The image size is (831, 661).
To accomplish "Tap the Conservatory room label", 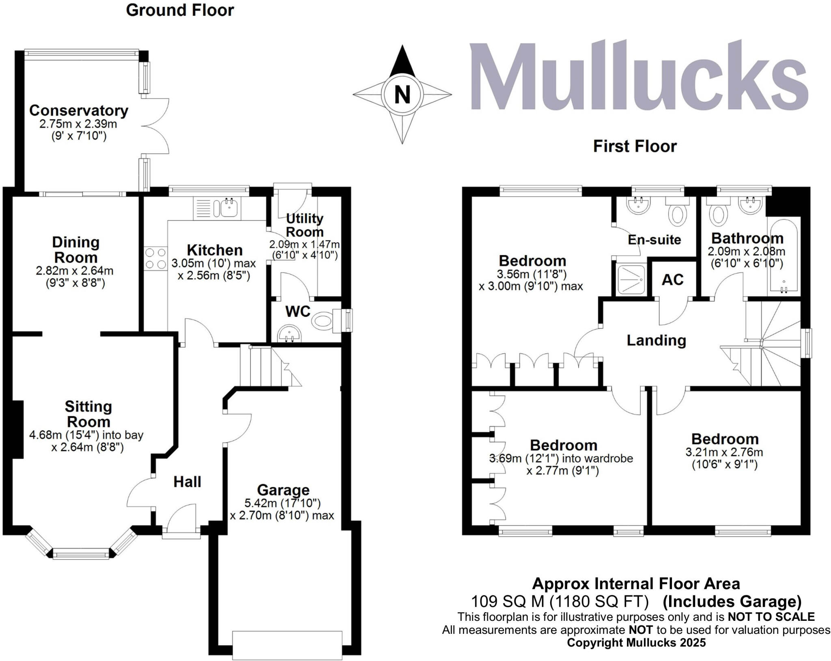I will pyautogui.click(x=79, y=110).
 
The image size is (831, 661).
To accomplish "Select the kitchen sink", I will pyautogui.click(x=230, y=208).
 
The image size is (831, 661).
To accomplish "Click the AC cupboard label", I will pyautogui.click(x=673, y=280).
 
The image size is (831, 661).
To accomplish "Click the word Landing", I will pyautogui.click(x=656, y=340).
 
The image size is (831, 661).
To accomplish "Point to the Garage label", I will pyautogui.click(x=283, y=490).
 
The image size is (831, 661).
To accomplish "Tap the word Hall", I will pyautogui.click(x=187, y=482).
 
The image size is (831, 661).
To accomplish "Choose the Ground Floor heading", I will pyautogui.click(x=180, y=10).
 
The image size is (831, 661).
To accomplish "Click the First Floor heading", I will pyautogui.click(x=635, y=146).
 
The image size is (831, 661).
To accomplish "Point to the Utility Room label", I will pyautogui.click(x=305, y=225).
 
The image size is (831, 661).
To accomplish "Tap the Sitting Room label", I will pyautogui.click(x=88, y=413).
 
